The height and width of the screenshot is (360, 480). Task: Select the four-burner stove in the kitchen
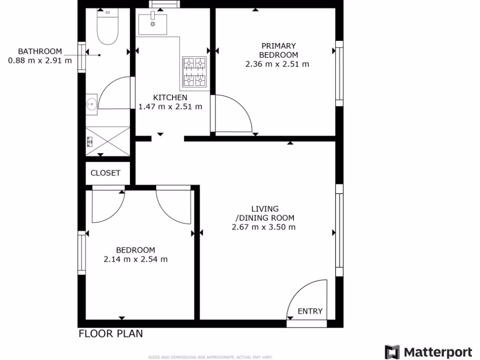click(195, 72)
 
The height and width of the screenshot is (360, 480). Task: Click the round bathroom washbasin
click(91, 103)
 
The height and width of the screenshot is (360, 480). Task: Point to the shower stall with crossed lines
click(107, 141)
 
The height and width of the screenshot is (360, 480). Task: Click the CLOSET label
click(105, 173)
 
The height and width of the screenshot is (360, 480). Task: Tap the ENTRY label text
click(310, 311)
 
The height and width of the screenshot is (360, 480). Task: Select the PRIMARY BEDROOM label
click(278, 50)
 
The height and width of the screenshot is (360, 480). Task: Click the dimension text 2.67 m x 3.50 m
click(263, 227)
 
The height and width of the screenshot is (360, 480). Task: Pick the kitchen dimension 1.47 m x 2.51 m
click(170, 106)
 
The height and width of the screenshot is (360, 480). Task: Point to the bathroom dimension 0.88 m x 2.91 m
click(40, 60)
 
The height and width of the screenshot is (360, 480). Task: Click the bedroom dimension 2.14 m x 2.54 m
click(135, 259)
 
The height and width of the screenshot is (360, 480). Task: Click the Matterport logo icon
click(392, 352)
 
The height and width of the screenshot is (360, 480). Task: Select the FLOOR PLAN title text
click(111, 334)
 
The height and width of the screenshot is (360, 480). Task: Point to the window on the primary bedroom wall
click(339, 73)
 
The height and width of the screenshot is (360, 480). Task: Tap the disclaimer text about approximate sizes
click(210, 357)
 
